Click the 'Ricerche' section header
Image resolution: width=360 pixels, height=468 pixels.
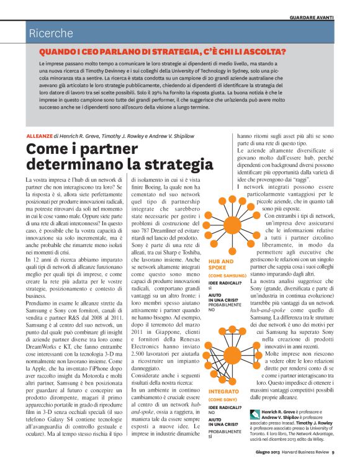tap(52, 34)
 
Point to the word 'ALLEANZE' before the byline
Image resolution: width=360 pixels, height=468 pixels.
tap(39, 135)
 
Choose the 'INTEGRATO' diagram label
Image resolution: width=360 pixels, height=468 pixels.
tap(223, 392)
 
